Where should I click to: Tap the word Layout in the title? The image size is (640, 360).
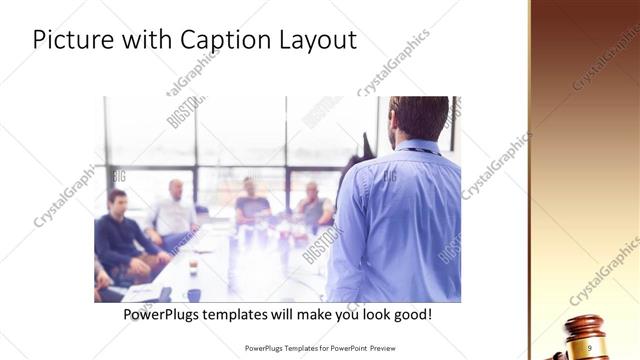coord(320,41)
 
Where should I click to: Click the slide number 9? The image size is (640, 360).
coord(590,346)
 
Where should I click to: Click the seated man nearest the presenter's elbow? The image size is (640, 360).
coord(314,205)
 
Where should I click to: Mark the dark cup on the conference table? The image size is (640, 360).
coord(193,267)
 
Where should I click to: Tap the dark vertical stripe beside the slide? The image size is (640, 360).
coord(527,180)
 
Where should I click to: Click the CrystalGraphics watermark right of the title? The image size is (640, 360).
coord(394,60)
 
